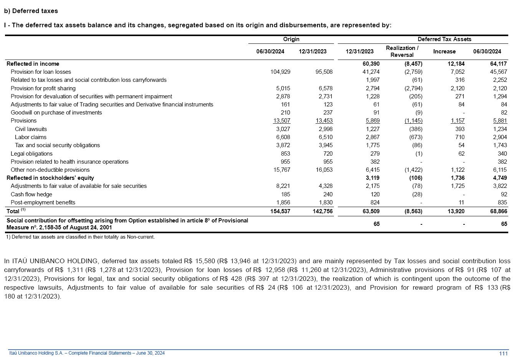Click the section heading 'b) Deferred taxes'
coord(31,11)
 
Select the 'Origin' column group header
coord(291,39)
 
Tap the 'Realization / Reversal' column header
coord(402,51)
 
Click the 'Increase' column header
coord(444,51)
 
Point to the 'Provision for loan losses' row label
coord(41,72)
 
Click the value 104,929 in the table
coord(280,72)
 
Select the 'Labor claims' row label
coord(31,137)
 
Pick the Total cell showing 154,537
coord(280,211)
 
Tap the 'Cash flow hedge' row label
coord(31,194)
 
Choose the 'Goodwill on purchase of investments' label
coord(56,113)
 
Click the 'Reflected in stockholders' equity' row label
coord(50,178)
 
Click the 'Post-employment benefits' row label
coord(43,202)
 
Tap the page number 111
coord(503,353)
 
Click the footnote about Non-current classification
coord(80,237)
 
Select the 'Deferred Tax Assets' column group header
coord(444,39)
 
